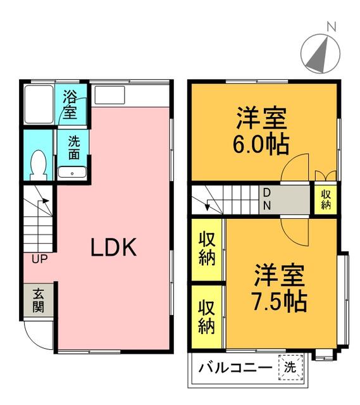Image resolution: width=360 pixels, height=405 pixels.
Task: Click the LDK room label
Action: coord(114,247)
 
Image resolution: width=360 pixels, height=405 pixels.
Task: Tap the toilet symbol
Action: coord(38,165)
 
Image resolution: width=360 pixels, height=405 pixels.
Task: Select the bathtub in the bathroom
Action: coord(39,104)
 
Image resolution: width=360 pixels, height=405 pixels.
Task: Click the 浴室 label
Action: coord(70,104)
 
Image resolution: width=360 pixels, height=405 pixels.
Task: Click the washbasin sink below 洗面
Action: coord(72,172)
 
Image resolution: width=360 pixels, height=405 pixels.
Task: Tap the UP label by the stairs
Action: coord(39,259)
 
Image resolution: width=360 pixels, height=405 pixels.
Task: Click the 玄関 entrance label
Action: coord(38,301)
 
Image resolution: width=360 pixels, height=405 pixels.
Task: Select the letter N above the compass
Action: coord(332,27)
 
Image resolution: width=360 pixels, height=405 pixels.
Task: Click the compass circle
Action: coord(321,53)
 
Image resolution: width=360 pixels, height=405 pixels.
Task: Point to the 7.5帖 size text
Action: coord(280,301)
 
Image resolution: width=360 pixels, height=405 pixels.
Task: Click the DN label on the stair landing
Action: coord(267,199)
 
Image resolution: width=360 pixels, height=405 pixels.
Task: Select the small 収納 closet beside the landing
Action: coord(326,199)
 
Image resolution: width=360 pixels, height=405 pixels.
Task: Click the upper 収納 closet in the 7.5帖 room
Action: coord(207,249)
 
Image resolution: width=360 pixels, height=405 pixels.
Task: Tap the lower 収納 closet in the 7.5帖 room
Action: coord(207,316)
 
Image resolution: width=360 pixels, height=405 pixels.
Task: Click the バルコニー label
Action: coord(235,367)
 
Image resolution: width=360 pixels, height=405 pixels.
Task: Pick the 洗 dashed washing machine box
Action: coord(290,367)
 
